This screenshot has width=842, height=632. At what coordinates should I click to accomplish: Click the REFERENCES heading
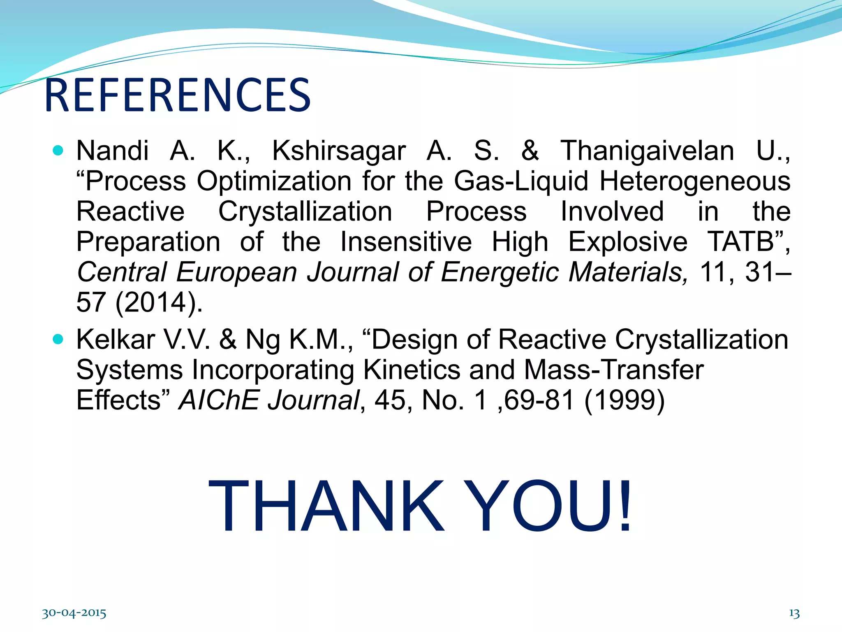(x=178, y=95)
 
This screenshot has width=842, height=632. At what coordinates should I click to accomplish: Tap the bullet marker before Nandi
(x=58, y=151)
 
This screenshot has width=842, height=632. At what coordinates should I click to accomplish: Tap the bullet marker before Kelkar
(x=58, y=339)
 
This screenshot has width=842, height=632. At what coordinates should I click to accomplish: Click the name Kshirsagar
(x=339, y=151)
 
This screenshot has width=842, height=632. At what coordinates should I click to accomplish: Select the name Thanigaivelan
(x=647, y=151)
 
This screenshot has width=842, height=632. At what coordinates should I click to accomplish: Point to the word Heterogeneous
(x=695, y=181)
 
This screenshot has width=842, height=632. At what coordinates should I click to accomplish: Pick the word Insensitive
(x=406, y=242)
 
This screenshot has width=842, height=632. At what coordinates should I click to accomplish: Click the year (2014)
(x=158, y=303)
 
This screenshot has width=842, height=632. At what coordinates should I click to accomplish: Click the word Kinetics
(x=412, y=370)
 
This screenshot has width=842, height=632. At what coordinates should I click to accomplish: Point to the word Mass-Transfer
(x=613, y=370)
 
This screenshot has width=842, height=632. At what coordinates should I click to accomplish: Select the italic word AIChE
(x=219, y=400)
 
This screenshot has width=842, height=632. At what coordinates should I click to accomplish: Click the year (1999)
(x=624, y=401)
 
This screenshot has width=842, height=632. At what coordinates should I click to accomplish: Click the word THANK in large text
(x=326, y=507)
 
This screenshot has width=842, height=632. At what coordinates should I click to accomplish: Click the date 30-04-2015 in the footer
(x=74, y=613)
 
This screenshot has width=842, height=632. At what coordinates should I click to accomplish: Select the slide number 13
(x=794, y=613)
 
